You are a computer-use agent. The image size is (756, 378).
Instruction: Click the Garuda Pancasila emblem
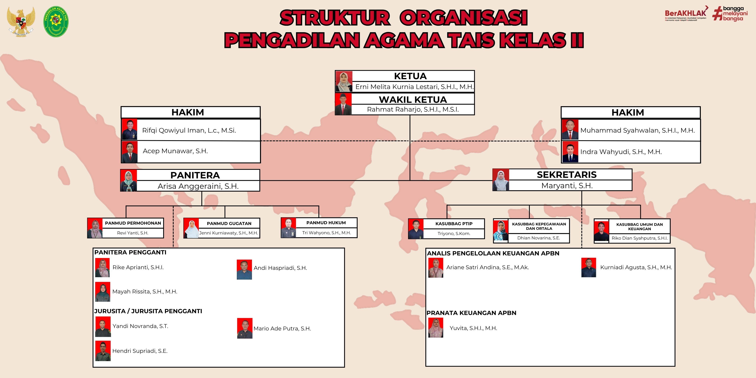coord(21,21)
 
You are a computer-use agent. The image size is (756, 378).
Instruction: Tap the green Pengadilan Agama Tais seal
coord(56,21)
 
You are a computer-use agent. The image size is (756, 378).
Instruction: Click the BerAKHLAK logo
coord(686,14)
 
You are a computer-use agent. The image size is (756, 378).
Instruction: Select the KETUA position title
coord(410,76)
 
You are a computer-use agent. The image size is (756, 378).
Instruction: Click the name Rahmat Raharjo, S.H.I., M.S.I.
coord(413,109)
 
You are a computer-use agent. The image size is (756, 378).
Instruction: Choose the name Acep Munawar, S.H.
coord(175,151)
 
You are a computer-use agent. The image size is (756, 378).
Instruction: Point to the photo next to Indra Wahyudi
coord(570,152)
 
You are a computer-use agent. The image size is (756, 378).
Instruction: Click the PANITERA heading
coord(195,175)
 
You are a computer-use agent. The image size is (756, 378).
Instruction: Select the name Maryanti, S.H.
coord(567,186)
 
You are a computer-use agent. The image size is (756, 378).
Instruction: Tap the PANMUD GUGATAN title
coord(229,223)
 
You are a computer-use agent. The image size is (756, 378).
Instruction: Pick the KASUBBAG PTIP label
coord(454,224)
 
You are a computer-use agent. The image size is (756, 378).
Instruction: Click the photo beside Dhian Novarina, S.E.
coord(501,231)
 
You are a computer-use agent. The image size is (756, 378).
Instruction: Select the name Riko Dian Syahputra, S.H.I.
coord(639,238)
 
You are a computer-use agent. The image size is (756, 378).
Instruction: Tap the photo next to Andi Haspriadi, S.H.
coord(244,269)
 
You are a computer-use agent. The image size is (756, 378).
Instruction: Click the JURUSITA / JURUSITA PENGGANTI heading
coord(148,311)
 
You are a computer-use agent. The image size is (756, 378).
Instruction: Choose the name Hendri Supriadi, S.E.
coord(140,351)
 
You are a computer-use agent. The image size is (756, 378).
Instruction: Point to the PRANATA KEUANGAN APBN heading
coord(471,313)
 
